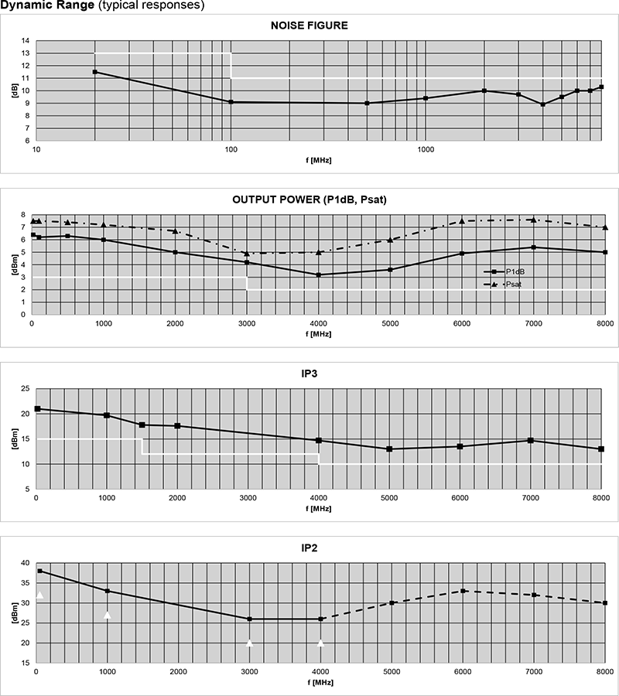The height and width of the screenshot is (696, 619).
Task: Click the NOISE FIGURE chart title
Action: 309,26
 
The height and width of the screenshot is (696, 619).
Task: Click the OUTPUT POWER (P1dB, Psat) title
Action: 309,200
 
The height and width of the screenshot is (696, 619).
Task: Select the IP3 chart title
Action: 309,374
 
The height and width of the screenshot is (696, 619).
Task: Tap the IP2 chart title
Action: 309,548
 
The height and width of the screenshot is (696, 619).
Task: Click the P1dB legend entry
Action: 515,271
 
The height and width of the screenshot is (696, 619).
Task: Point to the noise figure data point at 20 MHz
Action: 95,72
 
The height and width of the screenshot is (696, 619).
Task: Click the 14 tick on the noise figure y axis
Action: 26,40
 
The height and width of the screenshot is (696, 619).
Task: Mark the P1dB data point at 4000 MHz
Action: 319,275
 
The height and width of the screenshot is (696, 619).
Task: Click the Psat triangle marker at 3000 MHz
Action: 247,253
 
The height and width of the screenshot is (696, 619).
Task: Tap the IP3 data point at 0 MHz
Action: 37,408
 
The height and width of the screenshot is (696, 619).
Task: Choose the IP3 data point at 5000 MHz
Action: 389,449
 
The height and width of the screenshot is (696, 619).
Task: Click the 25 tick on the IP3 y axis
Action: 25,388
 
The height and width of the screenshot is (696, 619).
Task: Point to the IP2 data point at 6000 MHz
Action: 463,591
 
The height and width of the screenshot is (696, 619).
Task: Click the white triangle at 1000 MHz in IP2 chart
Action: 108,615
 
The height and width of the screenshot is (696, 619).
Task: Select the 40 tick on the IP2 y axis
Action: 25,563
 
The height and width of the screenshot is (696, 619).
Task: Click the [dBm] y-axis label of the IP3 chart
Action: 14,438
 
